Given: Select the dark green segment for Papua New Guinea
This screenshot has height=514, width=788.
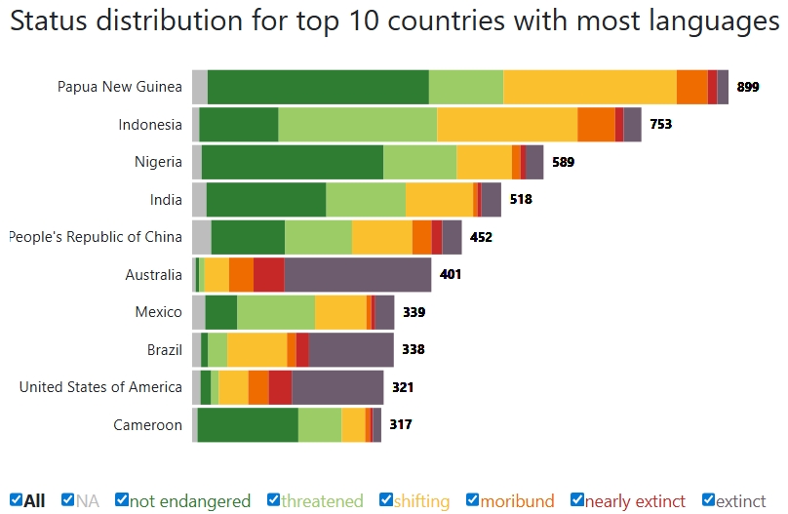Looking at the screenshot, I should click(318, 87).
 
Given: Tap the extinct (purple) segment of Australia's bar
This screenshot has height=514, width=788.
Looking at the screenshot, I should click(357, 275).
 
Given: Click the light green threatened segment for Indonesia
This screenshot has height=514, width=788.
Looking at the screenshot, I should click(357, 125).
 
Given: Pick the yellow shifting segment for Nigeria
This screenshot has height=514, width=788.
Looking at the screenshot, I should click(484, 162).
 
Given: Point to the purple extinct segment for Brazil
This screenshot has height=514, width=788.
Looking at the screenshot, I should click(351, 349).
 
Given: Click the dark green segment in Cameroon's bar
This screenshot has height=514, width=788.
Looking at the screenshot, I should click(248, 425).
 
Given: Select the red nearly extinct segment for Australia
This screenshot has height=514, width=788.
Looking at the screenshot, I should click(268, 275).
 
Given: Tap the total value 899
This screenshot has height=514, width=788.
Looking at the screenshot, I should click(748, 87).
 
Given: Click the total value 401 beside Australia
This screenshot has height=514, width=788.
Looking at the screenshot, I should click(451, 275).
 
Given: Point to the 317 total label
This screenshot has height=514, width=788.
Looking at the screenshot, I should click(400, 425).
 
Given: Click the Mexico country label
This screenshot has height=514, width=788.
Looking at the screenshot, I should click(158, 312).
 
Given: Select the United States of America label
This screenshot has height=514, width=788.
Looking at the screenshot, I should click(100, 387).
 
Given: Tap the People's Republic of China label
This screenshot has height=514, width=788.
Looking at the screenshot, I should click(95, 237).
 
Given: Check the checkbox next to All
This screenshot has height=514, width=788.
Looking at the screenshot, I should click(17, 500).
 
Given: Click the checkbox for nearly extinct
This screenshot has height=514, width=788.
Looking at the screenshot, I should click(577, 500).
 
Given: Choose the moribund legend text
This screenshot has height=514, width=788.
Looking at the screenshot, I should click(517, 501).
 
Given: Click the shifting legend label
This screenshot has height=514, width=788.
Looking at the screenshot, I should click(422, 501).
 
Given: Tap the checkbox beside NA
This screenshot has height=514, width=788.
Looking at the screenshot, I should click(67, 500).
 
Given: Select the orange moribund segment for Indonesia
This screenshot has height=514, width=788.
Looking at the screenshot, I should click(596, 125).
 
